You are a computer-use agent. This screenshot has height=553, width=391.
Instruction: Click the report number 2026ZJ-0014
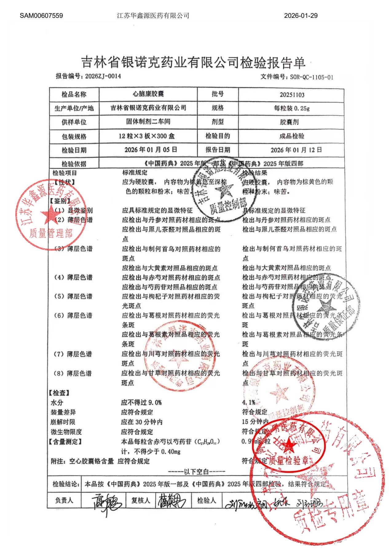coord(103,76)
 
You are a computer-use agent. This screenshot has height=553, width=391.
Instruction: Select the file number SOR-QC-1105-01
coord(311,77)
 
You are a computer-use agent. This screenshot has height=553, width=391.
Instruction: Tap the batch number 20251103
coord(292,95)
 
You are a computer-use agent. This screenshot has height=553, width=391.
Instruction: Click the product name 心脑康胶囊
coord(148,94)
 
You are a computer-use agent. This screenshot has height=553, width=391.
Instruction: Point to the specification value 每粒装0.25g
coord(292,108)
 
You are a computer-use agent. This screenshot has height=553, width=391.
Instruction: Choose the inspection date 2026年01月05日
coord(151,150)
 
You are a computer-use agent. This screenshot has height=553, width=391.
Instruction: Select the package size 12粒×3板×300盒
coord(147,136)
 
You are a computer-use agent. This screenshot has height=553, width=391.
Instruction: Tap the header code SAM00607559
coord(41,16)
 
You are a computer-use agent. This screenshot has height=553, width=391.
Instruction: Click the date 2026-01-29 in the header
coord(301,16)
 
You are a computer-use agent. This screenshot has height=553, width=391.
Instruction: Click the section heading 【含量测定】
coord(65,442)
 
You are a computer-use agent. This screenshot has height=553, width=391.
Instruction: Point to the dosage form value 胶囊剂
coord(289,122)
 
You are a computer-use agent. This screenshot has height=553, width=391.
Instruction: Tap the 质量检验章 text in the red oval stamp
coord(288,461)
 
